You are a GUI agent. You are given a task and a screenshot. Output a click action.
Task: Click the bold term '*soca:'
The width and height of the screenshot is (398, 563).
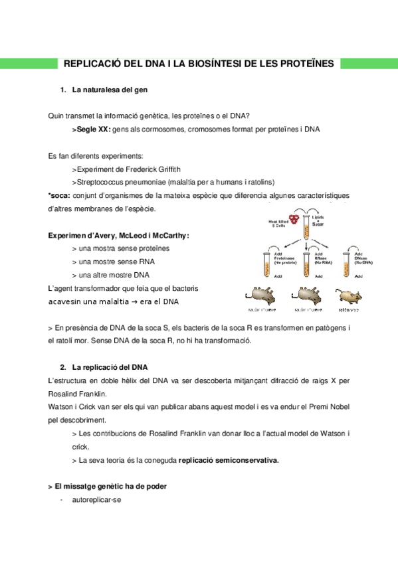[60, 195]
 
